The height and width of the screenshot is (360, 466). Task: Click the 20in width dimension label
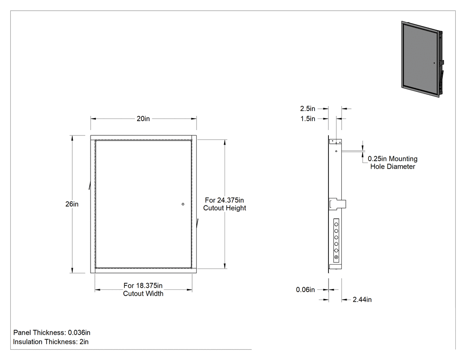pyautogui.click(x=143, y=119)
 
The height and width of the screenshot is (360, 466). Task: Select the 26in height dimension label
pyautogui.click(x=72, y=204)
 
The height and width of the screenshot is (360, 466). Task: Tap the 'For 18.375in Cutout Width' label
pyautogui.click(x=143, y=289)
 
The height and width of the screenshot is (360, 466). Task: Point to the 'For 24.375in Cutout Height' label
pyautogui.click(x=225, y=204)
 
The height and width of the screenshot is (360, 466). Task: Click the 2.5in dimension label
pyautogui.click(x=308, y=109)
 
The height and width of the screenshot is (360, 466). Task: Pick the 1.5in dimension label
pyautogui.click(x=308, y=119)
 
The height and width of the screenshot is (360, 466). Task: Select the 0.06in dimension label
pyautogui.click(x=305, y=289)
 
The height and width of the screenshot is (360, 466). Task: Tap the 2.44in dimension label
pyautogui.click(x=362, y=300)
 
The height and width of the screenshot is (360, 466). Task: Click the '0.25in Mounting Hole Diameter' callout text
pyautogui.click(x=393, y=162)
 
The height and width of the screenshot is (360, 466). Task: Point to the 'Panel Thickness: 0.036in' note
pyautogui.click(x=52, y=332)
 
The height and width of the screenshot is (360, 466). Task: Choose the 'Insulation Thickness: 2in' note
pyautogui.click(x=51, y=342)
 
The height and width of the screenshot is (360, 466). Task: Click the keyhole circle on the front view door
pyautogui.click(x=183, y=204)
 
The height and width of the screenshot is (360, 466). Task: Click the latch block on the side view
pyautogui.click(x=337, y=204)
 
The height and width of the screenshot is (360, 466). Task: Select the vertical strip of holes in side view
pyautogui.click(x=336, y=241)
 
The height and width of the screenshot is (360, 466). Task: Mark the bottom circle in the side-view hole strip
pyautogui.click(x=336, y=257)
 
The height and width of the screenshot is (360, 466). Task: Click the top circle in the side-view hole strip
pyautogui.click(x=336, y=225)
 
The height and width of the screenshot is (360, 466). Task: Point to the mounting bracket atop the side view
pyautogui.click(x=335, y=142)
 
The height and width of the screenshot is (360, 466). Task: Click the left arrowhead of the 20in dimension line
pyautogui.click(x=93, y=119)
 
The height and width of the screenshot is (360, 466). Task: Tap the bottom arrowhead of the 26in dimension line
pyautogui.click(x=72, y=270)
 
